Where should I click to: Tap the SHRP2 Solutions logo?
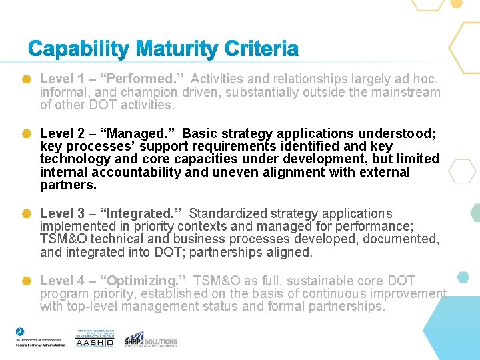click(151, 339)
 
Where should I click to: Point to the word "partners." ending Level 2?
click(68, 185)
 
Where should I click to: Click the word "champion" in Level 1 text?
click(151, 93)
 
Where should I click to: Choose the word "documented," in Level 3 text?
click(402, 239)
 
